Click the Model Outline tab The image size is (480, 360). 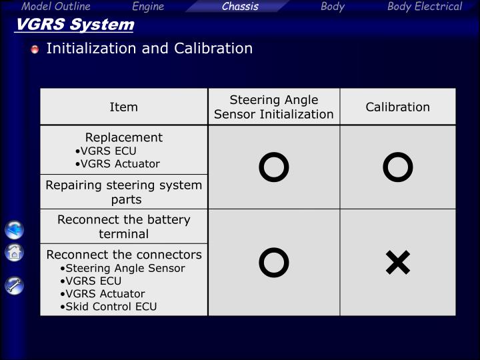(x=55, y=7)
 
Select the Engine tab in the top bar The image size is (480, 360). (x=148, y=7)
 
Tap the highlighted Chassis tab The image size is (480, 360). (x=240, y=7)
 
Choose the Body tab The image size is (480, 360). (x=333, y=7)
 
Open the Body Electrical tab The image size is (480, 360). (x=425, y=7)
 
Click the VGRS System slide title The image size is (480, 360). (x=75, y=25)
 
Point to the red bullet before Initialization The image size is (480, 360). (x=35, y=49)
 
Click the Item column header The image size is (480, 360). (x=123, y=107)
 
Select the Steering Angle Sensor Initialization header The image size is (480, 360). (x=273, y=107)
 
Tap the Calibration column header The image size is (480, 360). (x=397, y=107)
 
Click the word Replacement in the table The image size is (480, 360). (x=123, y=137)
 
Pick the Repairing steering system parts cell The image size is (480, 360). (x=123, y=192)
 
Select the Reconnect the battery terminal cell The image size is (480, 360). (x=123, y=227)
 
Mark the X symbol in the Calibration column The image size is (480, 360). (x=397, y=263)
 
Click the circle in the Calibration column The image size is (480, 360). (x=397, y=167)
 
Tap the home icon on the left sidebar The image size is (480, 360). (x=15, y=253)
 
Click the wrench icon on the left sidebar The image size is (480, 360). (x=15, y=285)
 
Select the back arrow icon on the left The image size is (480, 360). (x=15, y=230)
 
